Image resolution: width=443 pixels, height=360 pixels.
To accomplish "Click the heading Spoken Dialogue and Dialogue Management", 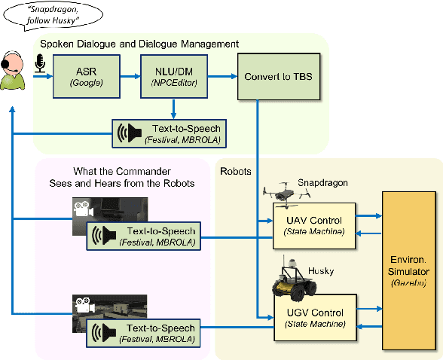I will click(x=139, y=44).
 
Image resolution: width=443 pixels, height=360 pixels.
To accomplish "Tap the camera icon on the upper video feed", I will click(x=82, y=209).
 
